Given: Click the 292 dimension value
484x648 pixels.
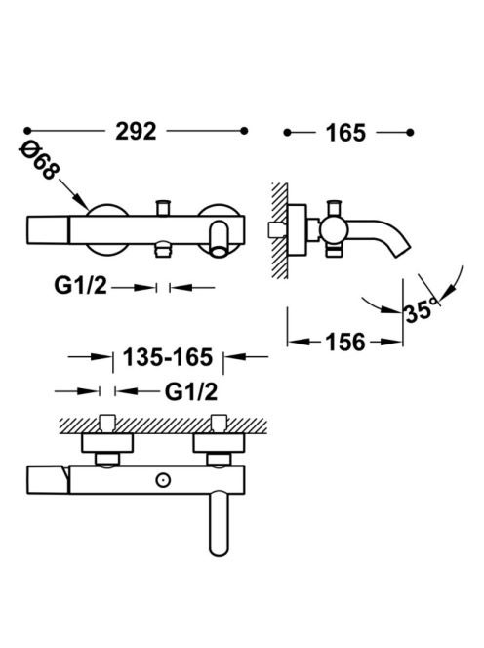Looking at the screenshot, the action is (136, 132).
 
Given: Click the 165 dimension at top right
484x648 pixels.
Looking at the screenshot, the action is (346, 133).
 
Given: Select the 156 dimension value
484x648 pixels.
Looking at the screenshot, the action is (346, 343).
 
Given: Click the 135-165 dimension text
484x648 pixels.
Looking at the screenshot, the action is (168, 357).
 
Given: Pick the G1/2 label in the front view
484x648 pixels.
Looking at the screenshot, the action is (80, 286).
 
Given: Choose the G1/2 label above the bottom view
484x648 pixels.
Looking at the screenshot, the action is (191, 391).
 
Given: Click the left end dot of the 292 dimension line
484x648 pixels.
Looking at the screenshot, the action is (27, 131).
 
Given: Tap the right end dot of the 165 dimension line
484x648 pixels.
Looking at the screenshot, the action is (410, 133).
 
